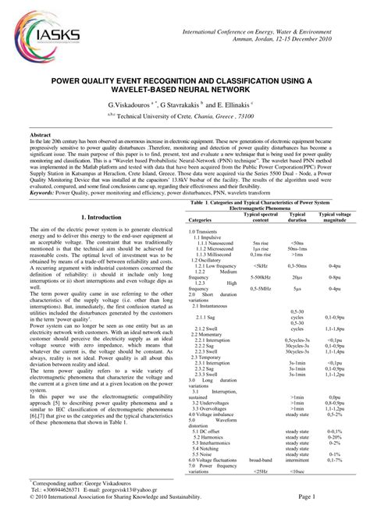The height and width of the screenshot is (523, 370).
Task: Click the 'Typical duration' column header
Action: click(297, 216)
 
